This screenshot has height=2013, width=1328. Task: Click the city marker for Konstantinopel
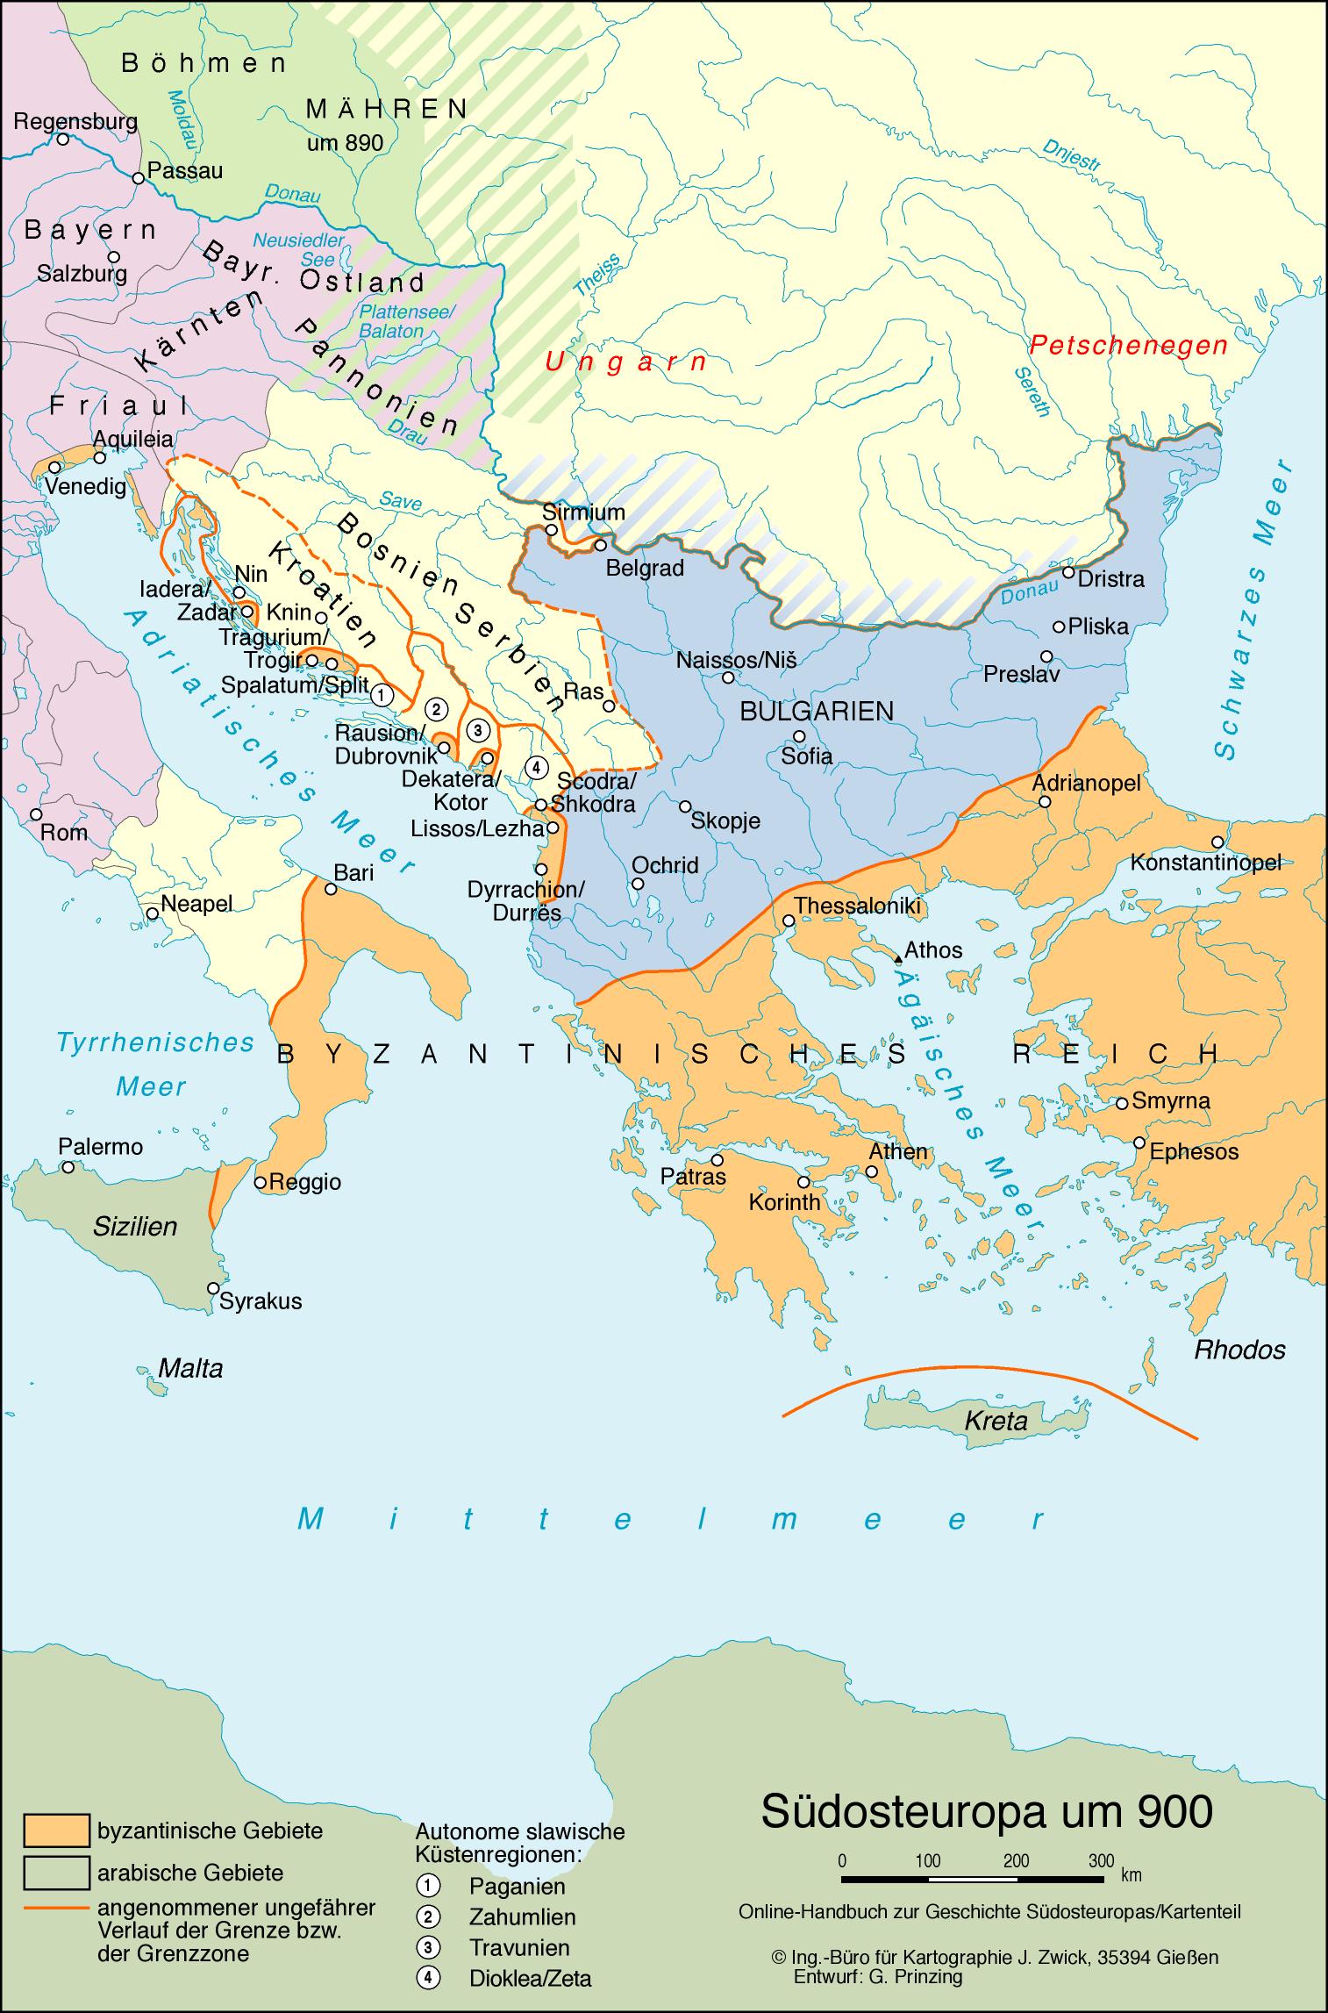click(x=1217, y=842)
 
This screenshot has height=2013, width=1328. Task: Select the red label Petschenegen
click(x=1128, y=346)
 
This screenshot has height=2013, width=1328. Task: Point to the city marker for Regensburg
click(x=63, y=139)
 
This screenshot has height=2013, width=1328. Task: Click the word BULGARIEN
click(x=817, y=711)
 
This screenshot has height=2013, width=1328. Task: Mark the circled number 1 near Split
click(x=380, y=696)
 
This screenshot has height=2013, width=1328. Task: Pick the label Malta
click(x=190, y=1368)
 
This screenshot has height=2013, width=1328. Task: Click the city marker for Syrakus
click(x=212, y=1287)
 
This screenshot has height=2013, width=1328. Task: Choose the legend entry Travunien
click(x=519, y=1946)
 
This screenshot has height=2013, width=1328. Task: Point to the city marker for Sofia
click(x=798, y=736)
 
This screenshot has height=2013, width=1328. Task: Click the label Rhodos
click(x=1239, y=1350)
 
